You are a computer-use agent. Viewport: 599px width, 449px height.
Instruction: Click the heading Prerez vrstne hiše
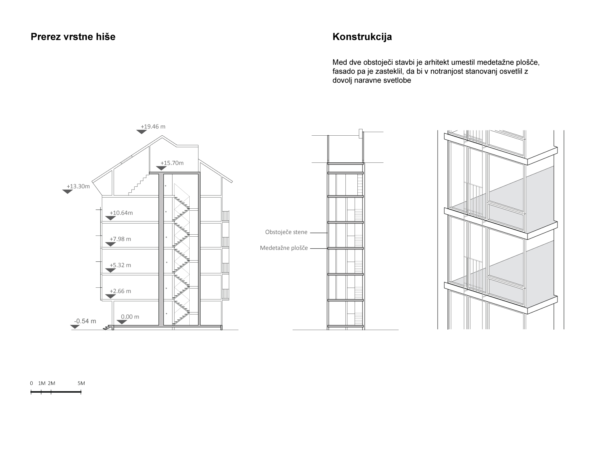pos(73,37)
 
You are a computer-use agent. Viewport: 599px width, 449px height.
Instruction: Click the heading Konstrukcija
pos(362,37)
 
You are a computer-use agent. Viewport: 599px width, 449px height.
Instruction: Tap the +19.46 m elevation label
pos(153,127)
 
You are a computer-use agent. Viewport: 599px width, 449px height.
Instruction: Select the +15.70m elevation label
pos(172,163)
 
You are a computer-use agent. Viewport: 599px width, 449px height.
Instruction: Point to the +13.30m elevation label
pos(78,186)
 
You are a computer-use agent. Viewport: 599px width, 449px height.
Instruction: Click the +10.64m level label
pos(121,213)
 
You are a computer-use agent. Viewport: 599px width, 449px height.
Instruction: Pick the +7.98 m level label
pos(120,239)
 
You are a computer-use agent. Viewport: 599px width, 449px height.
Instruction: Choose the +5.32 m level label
pos(120,265)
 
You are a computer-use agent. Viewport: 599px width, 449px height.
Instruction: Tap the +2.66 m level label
pos(120,291)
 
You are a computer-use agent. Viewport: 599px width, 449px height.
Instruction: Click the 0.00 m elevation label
pos(130,317)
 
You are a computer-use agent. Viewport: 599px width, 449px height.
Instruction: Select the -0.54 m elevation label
pos(85,321)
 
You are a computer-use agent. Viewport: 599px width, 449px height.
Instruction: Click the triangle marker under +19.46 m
pos(142,132)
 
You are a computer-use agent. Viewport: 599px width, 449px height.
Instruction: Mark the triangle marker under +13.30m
pos(67,192)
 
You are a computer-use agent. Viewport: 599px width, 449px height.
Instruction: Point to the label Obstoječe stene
pos(286,232)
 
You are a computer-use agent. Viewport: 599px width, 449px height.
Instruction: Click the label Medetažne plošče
pos(284,248)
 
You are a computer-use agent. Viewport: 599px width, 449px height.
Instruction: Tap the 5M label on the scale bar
pos(81,383)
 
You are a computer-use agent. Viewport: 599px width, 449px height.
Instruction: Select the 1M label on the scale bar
pos(42,383)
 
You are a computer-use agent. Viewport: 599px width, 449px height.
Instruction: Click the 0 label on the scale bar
pos(32,383)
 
